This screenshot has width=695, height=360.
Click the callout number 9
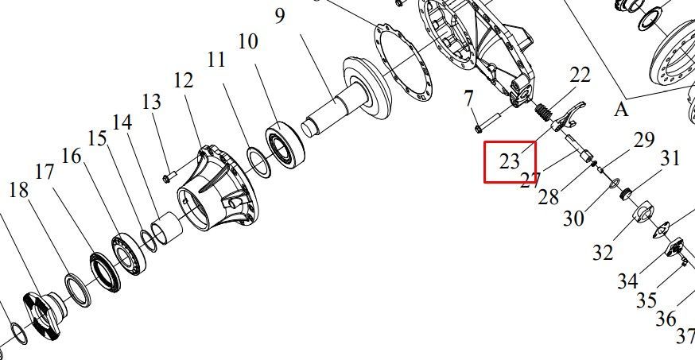pos(280,16)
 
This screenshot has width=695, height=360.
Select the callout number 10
pos(248,41)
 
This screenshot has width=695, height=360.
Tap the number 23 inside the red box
pos(509,161)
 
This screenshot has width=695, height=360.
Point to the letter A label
pos(621,110)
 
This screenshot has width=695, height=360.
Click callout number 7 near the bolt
pos(468,99)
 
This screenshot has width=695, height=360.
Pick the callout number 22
pos(580,75)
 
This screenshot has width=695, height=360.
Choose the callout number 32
pos(603,253)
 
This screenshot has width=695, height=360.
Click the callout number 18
pos(18,191)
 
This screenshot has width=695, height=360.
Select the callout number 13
pos(152,102)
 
